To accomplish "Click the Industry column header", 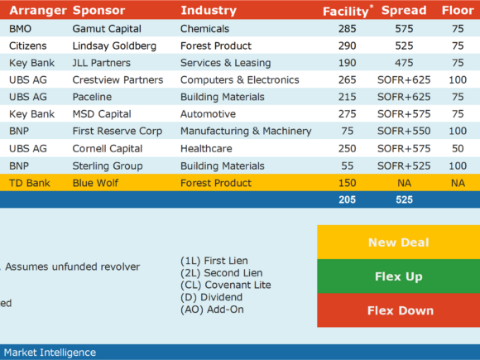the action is coord(209,11).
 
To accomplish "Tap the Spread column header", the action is coord(404,11).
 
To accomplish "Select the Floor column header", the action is coord(458,11).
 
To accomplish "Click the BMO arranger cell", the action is coord(20,29).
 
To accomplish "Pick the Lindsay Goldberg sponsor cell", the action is coord(114,46).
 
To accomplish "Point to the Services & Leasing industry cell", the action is coord(226,63).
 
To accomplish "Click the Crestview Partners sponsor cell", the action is coord(118,80).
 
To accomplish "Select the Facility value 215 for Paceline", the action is coord(347,97).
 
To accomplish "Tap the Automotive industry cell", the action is coord(209,114).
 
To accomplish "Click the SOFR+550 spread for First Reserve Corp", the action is coord(404,131).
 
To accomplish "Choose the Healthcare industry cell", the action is coord(206,149).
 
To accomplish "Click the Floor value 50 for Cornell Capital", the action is coord(458,149).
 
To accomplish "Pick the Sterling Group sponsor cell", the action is coord(108,166).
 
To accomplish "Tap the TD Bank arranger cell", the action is coord(30,183).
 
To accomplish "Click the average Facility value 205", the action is coord(347,199).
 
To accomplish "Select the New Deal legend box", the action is coord(399,242).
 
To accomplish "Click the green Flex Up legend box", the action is coord(399,276).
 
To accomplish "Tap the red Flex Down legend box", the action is coord(399,310).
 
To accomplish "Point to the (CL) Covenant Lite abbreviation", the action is coord(226,285).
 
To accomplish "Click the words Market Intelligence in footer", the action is coord(50,353).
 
